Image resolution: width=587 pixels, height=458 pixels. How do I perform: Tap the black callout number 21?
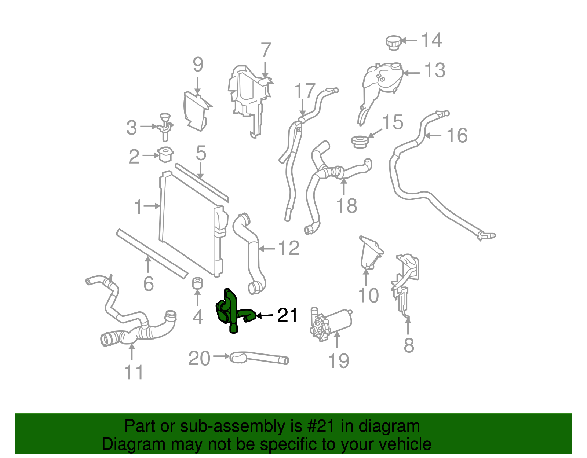click(x=287, y=315)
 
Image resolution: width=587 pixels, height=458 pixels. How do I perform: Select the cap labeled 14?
click(x=393, y=43)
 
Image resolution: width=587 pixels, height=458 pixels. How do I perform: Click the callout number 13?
click(x=435, y=70)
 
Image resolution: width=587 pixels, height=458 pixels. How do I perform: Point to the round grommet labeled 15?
click(x=360, y=142)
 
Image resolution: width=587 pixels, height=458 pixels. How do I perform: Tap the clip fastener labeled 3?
click(x=166, y=126)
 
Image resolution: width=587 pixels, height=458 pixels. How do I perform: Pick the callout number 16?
click(x=457, y=136)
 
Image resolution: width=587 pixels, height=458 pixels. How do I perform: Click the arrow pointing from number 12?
click(x=267, y=249)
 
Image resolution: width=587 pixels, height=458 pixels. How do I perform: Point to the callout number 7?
click(x=266, y=51)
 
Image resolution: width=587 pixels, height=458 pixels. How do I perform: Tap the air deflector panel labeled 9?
click(x=196, y=110)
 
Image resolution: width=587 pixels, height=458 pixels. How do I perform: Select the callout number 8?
click(x=409, y=345)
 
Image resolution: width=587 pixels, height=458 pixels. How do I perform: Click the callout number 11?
click(x=134, y=372)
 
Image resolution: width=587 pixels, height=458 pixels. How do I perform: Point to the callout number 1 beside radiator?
click(x=138, y=207)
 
